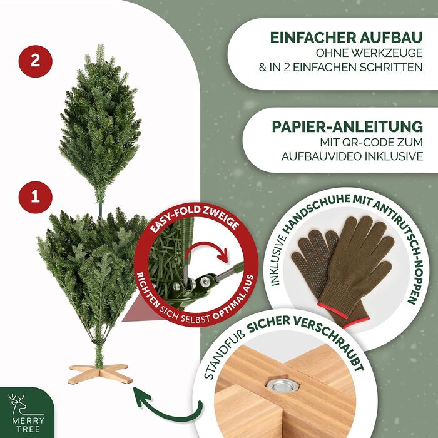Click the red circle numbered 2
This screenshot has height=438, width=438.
35,61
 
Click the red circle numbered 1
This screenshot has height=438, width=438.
35,197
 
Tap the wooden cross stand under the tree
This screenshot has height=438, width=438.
100,374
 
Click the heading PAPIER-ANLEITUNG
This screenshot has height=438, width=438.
347,127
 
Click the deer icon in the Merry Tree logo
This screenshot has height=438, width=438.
19,404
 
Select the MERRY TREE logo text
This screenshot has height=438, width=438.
28,425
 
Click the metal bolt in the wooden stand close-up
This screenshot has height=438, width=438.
282,386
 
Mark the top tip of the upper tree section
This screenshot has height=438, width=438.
101,44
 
